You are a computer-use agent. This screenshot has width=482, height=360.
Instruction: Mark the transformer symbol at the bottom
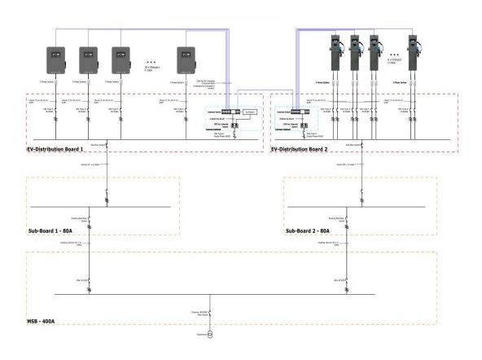pyautogui.click(x=211, y=334)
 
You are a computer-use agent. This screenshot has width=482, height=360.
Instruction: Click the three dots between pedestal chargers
pyautogui.click(x=395, y=59)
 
